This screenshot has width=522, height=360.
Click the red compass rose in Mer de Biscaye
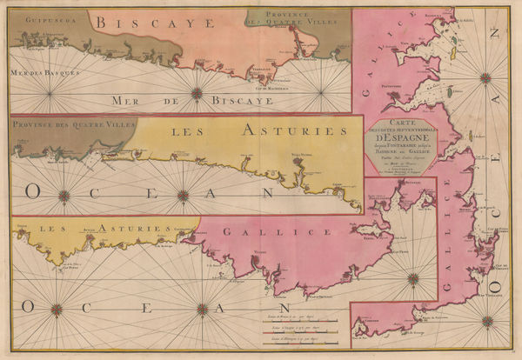197,93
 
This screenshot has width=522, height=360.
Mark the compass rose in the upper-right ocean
485,77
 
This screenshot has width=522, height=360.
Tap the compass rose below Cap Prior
412,278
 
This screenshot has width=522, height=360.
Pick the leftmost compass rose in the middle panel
63,196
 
